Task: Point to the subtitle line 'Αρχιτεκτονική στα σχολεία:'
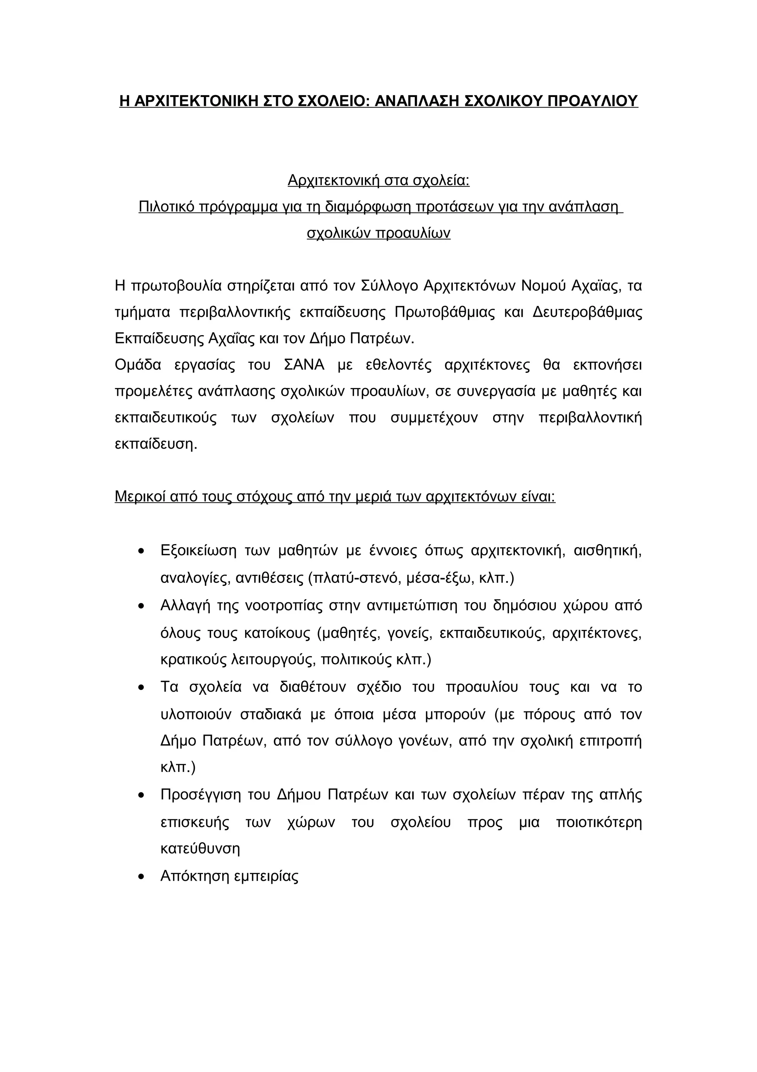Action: point(378,180)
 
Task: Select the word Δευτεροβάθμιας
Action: point(587,312)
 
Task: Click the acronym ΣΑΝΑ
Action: point(304,365)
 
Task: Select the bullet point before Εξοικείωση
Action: point(141,552)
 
